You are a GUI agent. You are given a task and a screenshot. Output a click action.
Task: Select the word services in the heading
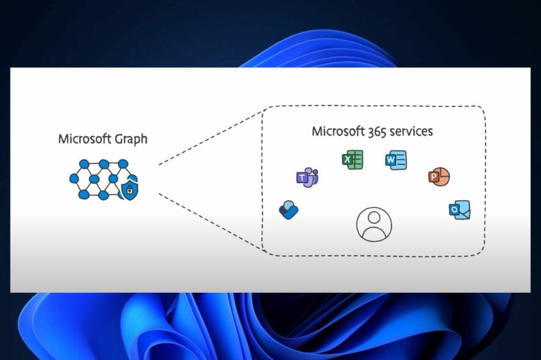(x=412, y=131)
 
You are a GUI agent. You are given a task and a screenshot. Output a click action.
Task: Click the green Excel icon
(x=352, y=160)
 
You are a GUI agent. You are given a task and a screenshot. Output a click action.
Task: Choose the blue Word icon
(x=396, y=160)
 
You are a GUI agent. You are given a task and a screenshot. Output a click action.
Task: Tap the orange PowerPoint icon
(x=438, y=176)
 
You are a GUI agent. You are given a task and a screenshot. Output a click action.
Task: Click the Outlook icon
(x=459, y=209)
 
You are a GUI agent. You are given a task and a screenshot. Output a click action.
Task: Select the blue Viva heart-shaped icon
(x=288, y=209)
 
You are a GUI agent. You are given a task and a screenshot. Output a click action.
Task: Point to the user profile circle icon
(x=374, y=224)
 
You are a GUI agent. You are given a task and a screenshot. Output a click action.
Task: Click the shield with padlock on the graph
(x=129, y=190)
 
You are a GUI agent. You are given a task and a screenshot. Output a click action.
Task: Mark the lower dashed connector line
(x=211, y=222)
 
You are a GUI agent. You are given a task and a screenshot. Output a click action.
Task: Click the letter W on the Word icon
(x=391, y=161)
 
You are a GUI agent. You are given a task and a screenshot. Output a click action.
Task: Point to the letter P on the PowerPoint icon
(x=434, y=177)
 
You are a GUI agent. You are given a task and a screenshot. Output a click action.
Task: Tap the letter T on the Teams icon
(x=302, y=178)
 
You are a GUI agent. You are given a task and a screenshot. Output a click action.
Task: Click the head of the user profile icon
(x=374, y=218)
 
